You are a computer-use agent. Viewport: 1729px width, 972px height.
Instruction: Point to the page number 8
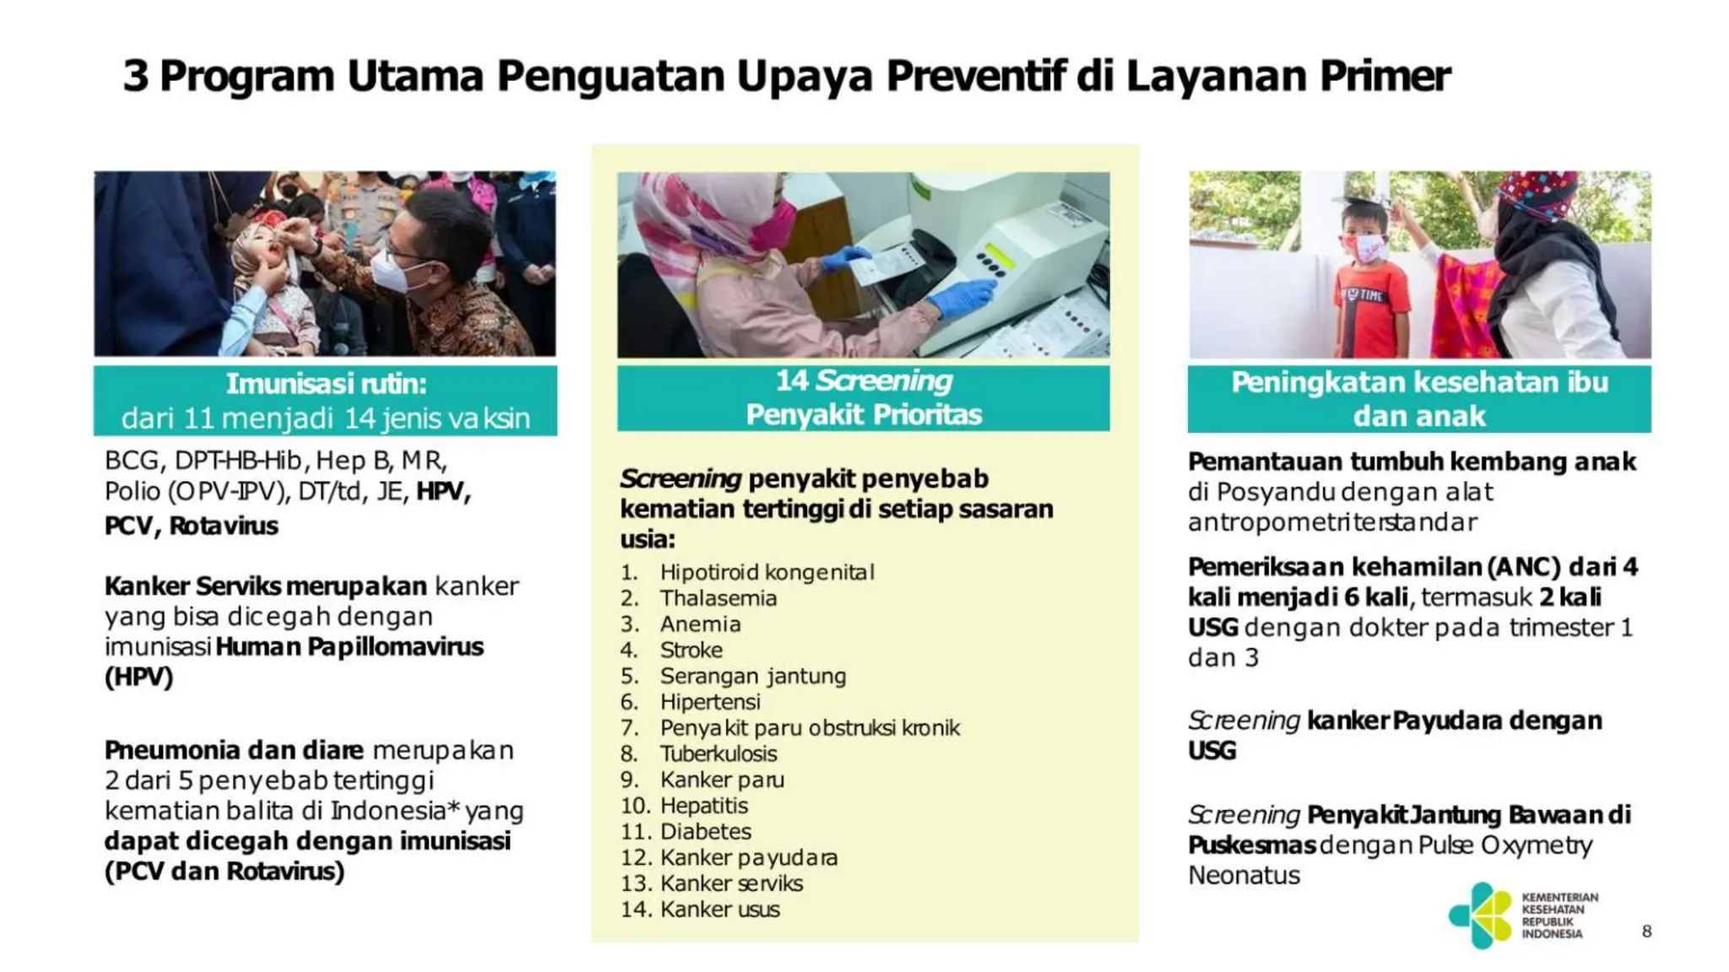(1646, 931)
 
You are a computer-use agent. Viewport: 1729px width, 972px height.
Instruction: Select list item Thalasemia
(718, 598)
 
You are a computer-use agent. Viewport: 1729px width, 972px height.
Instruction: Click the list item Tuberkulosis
(718, 753)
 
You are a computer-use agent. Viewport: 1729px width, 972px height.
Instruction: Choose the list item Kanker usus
(719, 910)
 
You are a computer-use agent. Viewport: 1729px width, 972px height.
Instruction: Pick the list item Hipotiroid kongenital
(767, 572)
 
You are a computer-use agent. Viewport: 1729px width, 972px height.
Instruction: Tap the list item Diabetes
(705, 831)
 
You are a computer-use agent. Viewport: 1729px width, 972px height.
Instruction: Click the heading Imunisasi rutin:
(326, 384)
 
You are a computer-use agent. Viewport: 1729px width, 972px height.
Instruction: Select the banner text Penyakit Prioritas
(864, 414)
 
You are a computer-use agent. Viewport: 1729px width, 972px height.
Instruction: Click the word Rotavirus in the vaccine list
(224, 526)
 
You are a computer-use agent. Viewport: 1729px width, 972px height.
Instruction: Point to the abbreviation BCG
(132, 461)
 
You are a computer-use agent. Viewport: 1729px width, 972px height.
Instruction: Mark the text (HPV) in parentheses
(138, 677)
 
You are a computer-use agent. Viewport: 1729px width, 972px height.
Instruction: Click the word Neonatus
(1244, 876)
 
